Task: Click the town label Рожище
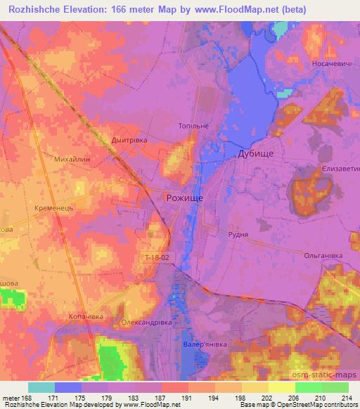click(184, 198)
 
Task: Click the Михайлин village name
click(72, 160)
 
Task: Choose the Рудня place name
click(239, 235)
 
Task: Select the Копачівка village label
click(86, 317)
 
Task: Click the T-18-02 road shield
click(154, 258)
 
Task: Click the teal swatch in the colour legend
click(41, 387)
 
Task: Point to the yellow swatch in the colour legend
click(281, 387)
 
